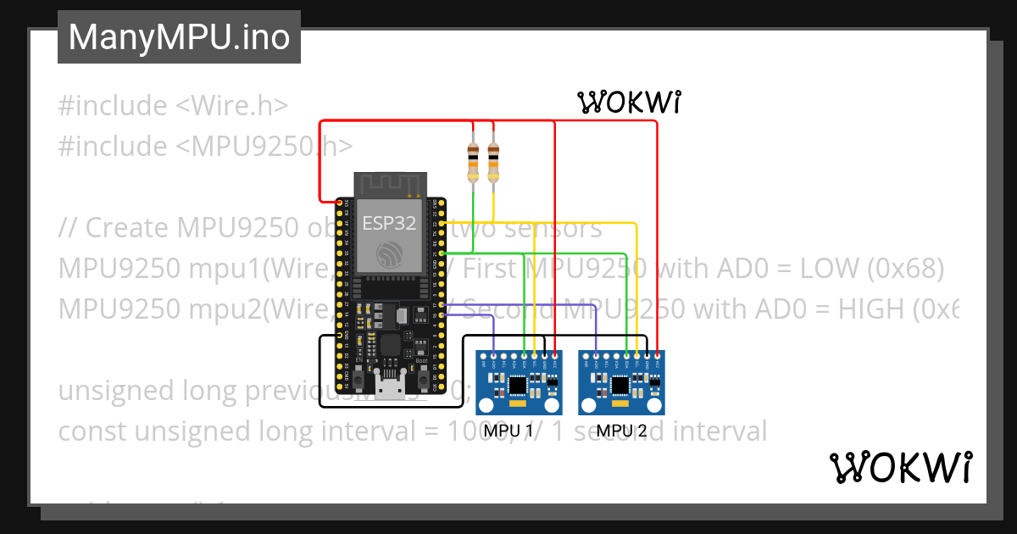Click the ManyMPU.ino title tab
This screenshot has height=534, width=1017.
coord(179,37)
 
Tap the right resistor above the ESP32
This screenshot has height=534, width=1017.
coord(493,162)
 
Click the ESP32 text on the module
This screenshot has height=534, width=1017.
coord(389,224)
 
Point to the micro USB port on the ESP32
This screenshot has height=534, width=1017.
coord(391,390)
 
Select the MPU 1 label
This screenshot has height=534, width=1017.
coord(508,431)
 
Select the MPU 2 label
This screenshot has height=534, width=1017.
coord(621,431)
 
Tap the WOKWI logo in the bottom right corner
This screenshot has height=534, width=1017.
coord(900,467)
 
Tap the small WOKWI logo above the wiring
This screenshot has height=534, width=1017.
coord(630,103)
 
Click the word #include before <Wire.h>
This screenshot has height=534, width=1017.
coord(113,106)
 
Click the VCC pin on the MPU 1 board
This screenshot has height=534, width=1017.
coord(555,355)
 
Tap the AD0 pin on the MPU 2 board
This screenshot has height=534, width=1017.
coord(597,355)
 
